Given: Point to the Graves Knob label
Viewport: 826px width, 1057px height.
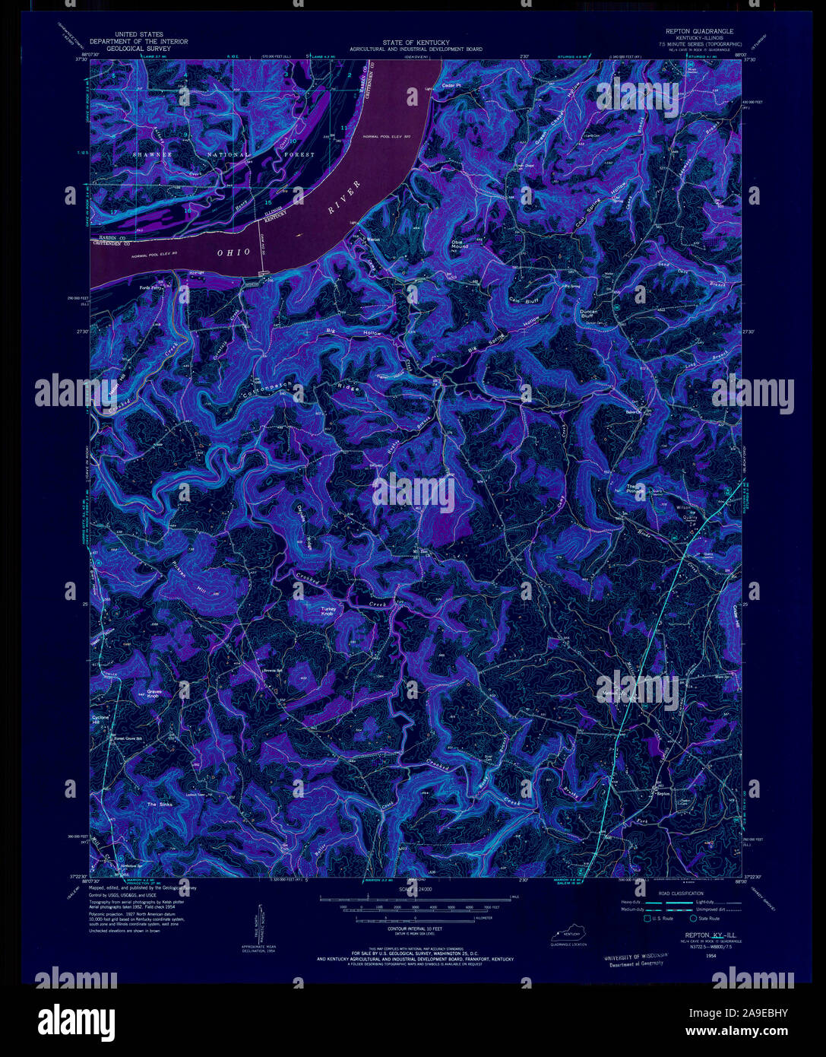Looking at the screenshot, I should pos(153,694).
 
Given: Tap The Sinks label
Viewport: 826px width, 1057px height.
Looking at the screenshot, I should pos(160,804).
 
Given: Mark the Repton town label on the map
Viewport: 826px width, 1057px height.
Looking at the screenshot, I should pos(663,792).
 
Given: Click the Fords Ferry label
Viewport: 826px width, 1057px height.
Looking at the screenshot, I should pos(155,287).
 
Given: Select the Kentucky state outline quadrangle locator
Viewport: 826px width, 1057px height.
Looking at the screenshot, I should pos(570,934).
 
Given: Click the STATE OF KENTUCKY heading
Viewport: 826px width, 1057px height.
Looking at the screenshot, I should pos(416,42).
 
